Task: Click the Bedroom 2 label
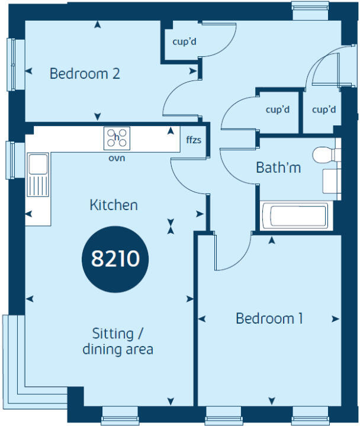click(85, 74)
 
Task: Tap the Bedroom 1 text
click(269, 318)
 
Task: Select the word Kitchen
click(114, 205)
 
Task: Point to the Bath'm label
click(278, 167)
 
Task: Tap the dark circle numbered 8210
click(115, 259)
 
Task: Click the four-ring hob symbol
click(117, 138)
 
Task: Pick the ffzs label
click(193, 141)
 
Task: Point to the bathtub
click(294, 215)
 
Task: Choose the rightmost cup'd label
click(324, 109)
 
